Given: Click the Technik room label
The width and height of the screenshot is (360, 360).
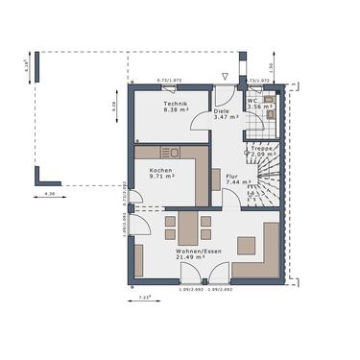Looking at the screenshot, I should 174,107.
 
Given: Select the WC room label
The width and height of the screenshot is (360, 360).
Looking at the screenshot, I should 253,104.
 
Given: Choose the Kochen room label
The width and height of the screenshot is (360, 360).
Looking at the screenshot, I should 160,174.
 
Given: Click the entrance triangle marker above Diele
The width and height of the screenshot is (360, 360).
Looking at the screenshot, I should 225,74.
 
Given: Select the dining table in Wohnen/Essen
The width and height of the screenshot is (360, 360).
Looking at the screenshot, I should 187,229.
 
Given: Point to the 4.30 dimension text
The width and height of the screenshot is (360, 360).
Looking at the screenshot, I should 49,195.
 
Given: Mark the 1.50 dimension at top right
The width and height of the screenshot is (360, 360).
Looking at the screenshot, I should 272,66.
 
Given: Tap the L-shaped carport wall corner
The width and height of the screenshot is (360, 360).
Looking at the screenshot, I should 39,182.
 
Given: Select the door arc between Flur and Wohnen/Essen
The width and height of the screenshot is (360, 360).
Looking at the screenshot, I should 231,199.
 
